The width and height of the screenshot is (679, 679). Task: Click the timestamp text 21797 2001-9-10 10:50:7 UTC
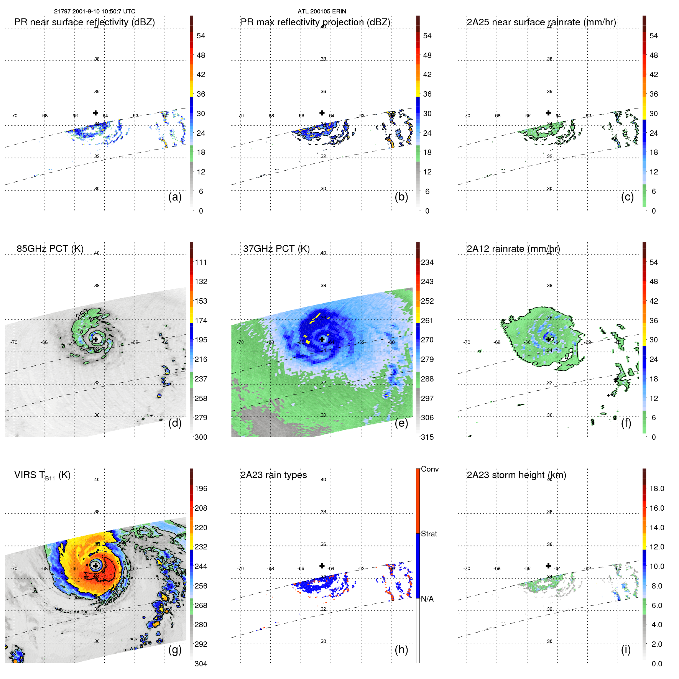tap(94, 12)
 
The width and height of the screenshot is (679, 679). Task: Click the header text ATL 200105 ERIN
tap(322, 12)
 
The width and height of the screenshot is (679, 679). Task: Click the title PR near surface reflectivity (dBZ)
tap(84, 22)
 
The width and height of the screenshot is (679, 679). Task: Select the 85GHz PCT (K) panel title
tap(50, 249)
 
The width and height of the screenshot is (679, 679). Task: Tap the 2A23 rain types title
tap(273, 475)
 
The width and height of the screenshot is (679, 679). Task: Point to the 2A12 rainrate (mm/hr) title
tap(513, 249)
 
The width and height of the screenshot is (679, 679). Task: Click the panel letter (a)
tap(175, 197)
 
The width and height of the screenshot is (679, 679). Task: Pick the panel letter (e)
tap(401, 423)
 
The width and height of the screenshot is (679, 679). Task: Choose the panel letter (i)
tap(626, 649)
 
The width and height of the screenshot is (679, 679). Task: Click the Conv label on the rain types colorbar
tap(429, 469)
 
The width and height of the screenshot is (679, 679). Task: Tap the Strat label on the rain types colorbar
tap(429, 534)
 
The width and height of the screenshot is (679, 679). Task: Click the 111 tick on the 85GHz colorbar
tap(201, 262)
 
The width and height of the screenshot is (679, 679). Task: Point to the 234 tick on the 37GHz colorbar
tap(427, 262)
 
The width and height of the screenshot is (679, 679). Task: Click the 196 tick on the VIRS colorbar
tap(201, 488)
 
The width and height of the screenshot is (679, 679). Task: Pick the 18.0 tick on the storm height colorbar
tap(656, 488)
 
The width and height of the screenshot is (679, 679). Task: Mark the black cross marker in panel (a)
tap(95, 113)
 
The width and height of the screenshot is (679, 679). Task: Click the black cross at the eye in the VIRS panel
tap(95, 566)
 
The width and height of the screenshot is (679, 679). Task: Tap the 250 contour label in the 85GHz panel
tap(82, 314)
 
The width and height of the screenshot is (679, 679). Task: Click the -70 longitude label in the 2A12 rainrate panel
tap(467, 342)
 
